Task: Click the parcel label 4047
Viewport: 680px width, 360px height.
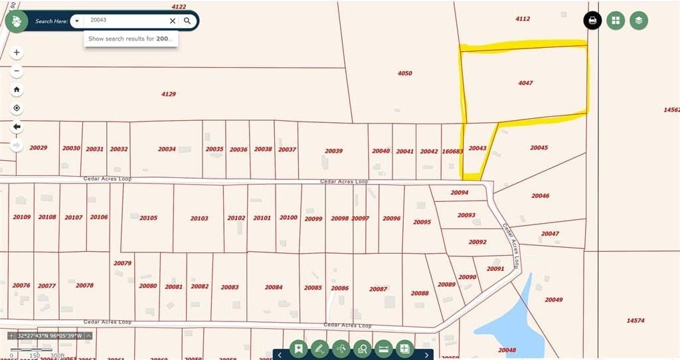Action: click(x=525, y=83)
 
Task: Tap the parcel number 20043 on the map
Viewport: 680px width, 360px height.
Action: click(x=477, y=148)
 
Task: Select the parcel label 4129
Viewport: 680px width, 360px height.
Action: click(x=169, y=94)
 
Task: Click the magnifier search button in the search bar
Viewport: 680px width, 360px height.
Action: click(x=187, y=21)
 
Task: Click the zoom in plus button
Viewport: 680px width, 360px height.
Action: click(x=17, y=52)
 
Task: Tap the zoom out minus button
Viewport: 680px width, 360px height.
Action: click(x=17, y=71)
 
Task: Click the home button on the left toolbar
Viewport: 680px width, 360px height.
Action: click(x=17, y=90)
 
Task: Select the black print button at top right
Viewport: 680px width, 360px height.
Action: click(x=592, y=21)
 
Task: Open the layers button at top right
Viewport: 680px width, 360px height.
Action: click(x=638, y=21)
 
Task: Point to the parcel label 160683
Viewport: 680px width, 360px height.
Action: click(x=452, y=151)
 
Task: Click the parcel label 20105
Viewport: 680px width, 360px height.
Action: click(x=148, y=218)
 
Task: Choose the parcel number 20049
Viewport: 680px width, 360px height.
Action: click(x=554, y=300)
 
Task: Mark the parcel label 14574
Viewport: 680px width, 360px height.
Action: click(x=636, y=320)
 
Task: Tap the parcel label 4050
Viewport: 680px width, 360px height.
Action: click(x=405, y=73)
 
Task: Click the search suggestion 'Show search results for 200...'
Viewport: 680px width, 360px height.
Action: click(x=130, y=39)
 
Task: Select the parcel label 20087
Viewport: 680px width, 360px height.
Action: click(x=379, y=289)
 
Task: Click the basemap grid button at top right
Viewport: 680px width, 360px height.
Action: click(x=616, y=21)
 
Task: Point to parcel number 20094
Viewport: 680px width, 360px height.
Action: click(x=459, y=193)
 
